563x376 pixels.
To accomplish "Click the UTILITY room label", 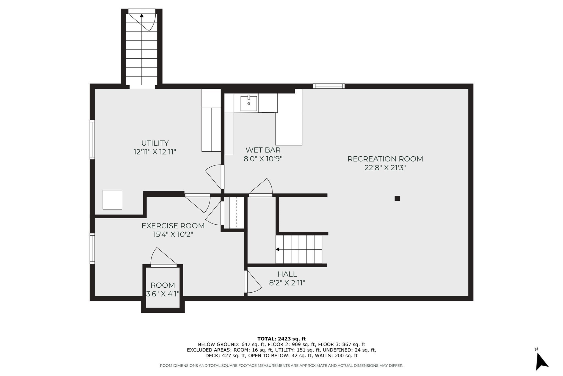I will click(155, 143).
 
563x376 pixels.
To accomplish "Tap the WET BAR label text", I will click(263, 150).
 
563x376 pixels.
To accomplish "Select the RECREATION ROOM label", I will click(385, 159).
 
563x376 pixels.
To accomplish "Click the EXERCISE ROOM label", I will click(173, 226).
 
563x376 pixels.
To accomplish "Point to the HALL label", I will click(287, 274).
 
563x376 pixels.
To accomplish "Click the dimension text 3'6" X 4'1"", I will click(163, 294).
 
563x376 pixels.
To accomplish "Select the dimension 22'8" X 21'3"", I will click(385, 168).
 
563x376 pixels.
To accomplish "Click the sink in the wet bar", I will click(249, 103).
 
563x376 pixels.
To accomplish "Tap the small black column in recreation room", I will click(397, 198).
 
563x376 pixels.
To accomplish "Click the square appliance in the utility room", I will click(112, 200).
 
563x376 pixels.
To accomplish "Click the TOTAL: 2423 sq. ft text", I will click(281, 339).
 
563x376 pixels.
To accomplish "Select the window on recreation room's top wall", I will click(329, 86).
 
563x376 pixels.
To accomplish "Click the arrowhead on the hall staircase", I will click(278, 249).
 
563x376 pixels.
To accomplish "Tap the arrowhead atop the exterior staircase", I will click(142, 16).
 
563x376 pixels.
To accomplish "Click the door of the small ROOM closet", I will click(164, 266).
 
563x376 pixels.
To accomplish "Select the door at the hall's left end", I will click(246, 282).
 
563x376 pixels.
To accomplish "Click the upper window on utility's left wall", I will click(92, 140).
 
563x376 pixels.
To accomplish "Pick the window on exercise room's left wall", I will click(92, 249).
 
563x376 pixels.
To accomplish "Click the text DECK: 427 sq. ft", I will click(226, 356).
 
